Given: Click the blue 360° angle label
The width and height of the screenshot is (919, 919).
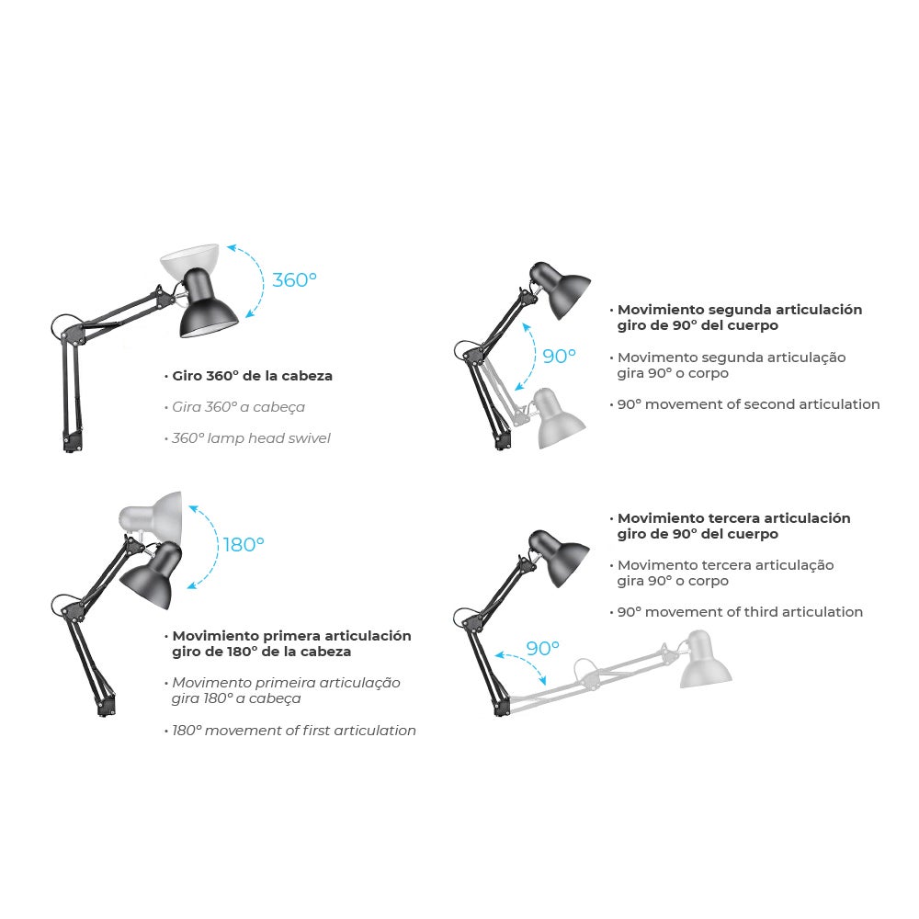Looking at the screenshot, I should pyautogui.click(x=294, y=280).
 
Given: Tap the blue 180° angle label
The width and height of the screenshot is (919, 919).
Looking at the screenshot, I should pyautogui.click(x=243, y=544).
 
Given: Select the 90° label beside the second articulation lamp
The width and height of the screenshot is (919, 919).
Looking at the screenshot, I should pyautogui.click(x=559, y=356).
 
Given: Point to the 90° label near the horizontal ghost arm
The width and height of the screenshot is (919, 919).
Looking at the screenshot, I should pyautogui.click(x=542, y=648).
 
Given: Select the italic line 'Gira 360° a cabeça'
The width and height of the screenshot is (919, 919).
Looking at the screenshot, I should pyautogui.click(x=239, y=407).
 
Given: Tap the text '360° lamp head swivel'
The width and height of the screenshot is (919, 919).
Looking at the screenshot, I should pyautogui.click(x=251, y=438).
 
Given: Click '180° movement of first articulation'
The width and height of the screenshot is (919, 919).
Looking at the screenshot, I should pyautogui.click(x=294, y=731).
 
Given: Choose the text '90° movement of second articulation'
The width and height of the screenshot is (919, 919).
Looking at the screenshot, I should pyautogui.click(x=749, y=404).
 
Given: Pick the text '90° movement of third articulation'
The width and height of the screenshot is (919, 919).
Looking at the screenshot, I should pyautogui.click(x=740, y=612).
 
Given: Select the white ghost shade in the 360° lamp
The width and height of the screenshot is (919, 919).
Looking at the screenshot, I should pyautogui.click(x=189, y=259).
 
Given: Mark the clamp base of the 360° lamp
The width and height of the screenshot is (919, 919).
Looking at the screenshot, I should pyautogui.click(x=70, y=440).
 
